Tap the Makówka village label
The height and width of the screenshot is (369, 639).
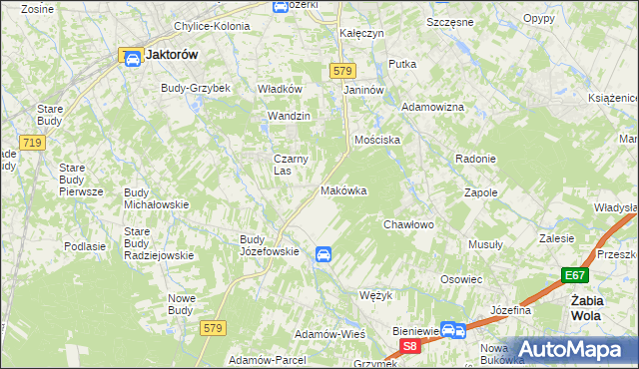(343, 190)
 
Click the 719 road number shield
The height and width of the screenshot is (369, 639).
(32, 144)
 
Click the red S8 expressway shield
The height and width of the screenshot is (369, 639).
(409, 346)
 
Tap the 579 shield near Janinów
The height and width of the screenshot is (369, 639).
(342, 70)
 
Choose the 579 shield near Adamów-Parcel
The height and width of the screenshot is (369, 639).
(212, 327)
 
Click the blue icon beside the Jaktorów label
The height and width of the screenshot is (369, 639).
(132, 57)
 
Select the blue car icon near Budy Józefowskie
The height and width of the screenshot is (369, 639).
(322, 255)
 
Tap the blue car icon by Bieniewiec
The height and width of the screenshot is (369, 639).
(451, 329)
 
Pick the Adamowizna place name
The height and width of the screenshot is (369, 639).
(432, 106)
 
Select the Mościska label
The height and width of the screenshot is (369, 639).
(377, 140)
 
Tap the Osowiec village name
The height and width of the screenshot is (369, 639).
(461, 280)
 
